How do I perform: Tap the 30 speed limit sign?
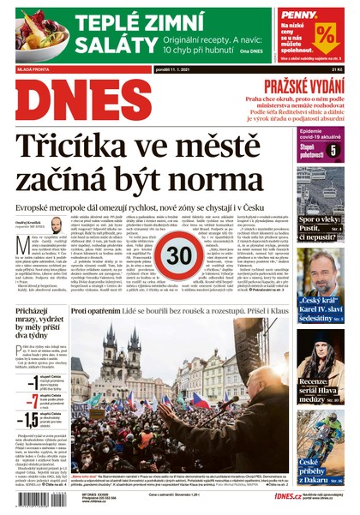[x=179, y=256]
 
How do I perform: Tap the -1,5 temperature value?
[x=29, y=419]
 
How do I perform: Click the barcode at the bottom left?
[x=42, y=498]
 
